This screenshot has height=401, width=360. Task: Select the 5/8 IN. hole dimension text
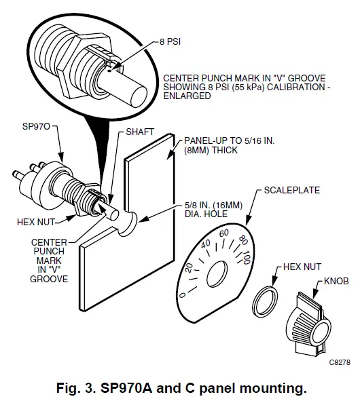[199, 205]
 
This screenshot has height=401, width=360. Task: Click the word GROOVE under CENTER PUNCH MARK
[53, 279]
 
